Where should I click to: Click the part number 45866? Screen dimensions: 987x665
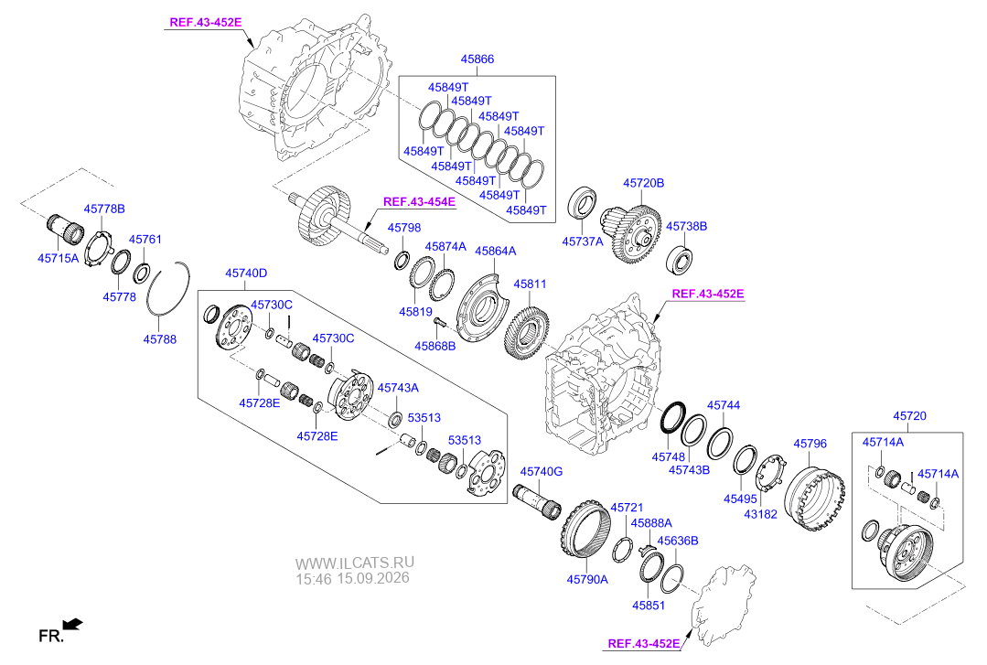pos(477,59)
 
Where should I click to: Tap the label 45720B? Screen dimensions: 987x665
pos(643,183)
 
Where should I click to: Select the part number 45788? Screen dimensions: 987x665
pos(160,339)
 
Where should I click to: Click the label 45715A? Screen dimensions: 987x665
pos(58,258)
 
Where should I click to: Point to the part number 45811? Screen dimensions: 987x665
pos(530,284)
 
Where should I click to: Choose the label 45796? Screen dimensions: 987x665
pos(810,444)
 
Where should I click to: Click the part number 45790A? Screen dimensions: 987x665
pos(587,579)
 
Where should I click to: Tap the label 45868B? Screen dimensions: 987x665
pos(435,347)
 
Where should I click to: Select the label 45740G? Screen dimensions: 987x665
pos(542,472)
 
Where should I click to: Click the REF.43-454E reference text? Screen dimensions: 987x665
pos(419,202)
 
